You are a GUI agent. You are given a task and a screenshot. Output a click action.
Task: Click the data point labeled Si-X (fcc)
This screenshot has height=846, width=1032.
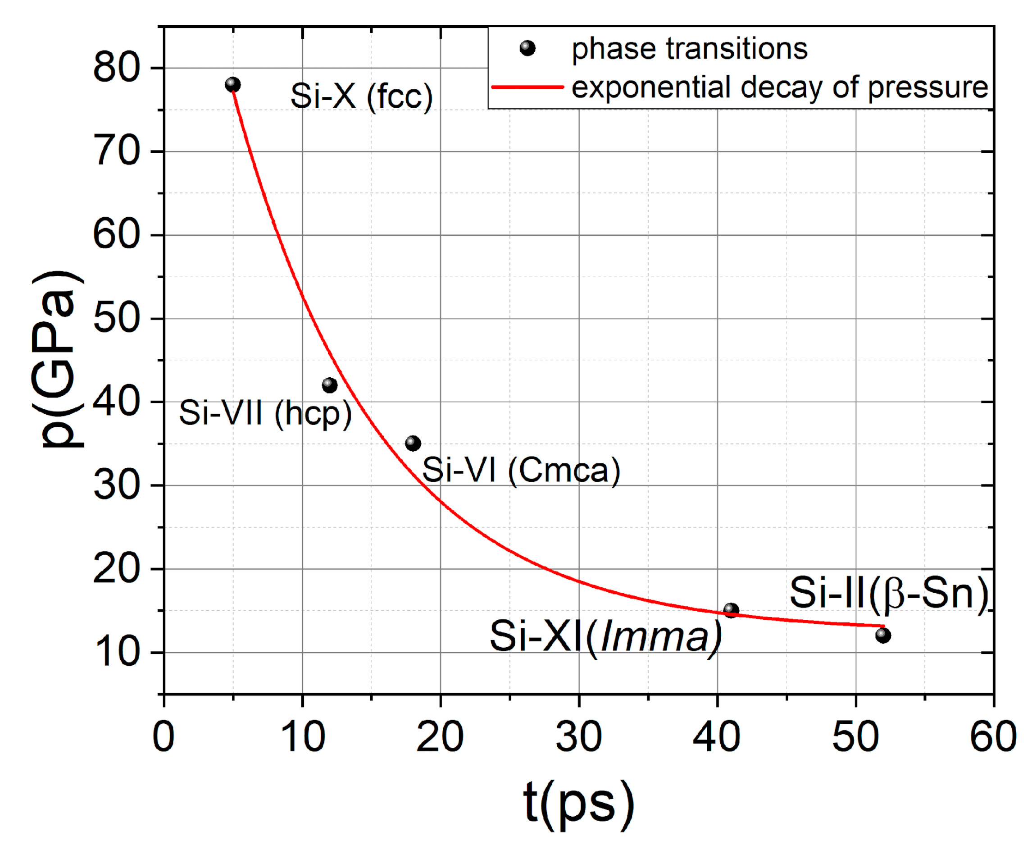pos(233,85)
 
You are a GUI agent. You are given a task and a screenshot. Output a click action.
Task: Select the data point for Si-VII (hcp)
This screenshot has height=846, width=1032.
pos(330,385)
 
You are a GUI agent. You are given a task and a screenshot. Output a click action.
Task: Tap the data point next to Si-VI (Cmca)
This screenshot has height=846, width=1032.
pos(413,444)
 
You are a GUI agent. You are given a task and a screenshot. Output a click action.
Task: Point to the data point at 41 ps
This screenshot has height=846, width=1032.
pos(731,610)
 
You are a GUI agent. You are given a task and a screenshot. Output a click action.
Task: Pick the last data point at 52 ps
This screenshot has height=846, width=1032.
pos(883,636)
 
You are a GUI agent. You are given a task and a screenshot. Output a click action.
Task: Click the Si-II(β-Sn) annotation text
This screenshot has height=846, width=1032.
pos(889,593)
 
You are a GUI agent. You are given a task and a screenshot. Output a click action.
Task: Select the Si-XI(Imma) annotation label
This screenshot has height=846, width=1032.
pos(605,636)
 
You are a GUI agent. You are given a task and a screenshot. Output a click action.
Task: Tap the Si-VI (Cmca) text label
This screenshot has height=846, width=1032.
pos(521,470)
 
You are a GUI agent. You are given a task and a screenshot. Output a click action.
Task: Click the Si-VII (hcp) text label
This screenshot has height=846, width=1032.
pos(265,413)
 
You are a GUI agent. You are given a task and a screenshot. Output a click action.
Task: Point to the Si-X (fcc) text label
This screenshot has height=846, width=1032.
pos(361,96)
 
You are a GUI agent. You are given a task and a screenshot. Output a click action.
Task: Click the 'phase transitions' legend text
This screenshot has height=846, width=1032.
pos(689,49)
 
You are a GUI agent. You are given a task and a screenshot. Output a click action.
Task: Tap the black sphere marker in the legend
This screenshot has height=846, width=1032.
pos(527,48)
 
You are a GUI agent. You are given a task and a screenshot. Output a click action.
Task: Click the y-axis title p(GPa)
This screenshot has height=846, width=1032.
pos(58,359)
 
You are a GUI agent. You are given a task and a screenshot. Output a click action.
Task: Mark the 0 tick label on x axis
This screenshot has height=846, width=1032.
pos(164,737)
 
